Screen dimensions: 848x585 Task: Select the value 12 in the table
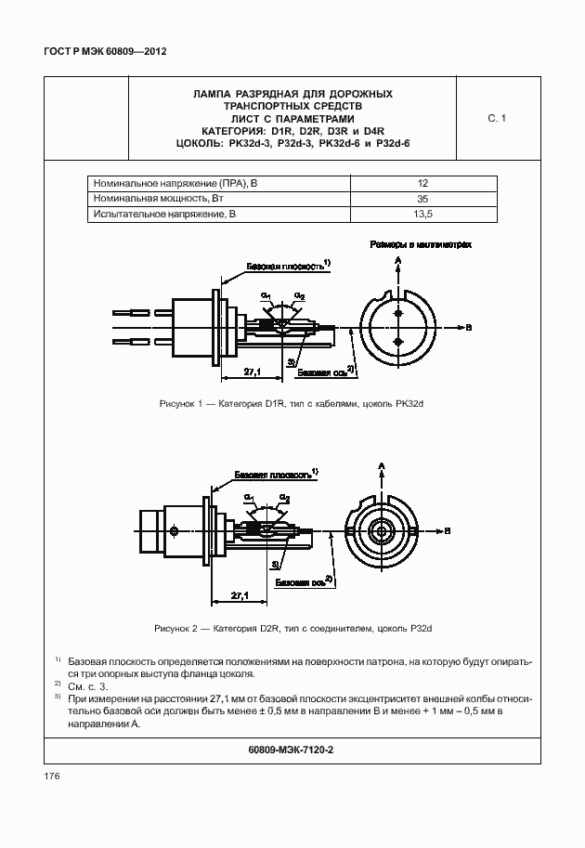click(x=422, y=183)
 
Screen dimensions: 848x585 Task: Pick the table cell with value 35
click(x=422, y=199)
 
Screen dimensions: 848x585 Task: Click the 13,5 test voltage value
click(x=422, y=215)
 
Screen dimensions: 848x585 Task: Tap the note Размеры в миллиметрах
click(x=421, y=245)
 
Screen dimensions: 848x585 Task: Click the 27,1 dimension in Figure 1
click(x=252, y=372)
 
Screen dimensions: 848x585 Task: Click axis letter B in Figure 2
click(x=447, y=530)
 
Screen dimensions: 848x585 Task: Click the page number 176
click(x=51, y=776)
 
